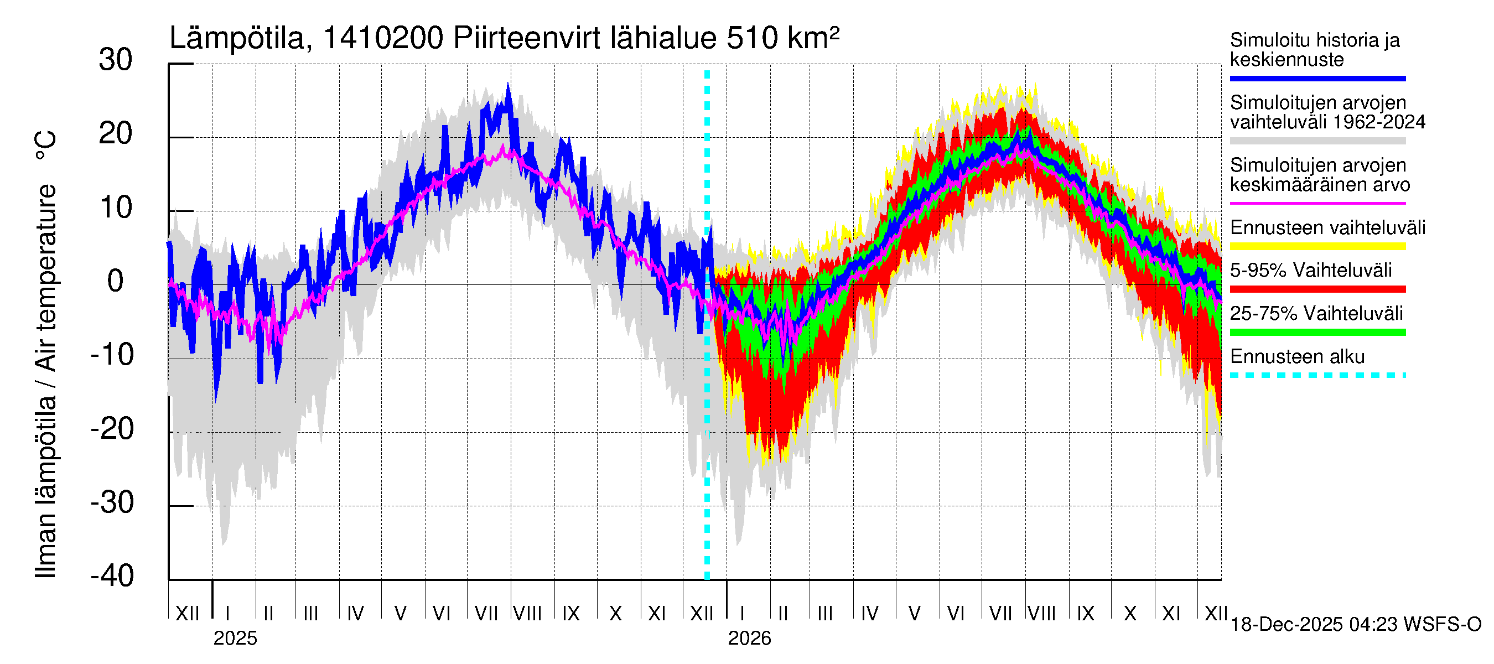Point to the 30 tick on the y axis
pos(116,60)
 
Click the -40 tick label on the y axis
pos(112,576)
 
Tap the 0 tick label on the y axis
pos(116,281)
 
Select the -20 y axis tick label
pos(112,429)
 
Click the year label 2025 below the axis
pos(235,639)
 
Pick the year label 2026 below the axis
pos(749,639)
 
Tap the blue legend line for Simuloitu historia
pos(1317,78)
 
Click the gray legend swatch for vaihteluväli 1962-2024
pos(1317,141)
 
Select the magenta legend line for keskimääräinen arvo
pos(1317,204)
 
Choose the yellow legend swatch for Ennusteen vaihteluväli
pos(1317,246)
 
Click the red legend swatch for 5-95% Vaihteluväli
pos(1317,289)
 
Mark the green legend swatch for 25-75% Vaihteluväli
pos(1317,333)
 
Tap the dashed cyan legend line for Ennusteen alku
pos(1317,375)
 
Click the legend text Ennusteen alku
pos(1297,357)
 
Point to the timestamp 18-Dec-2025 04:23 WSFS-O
pos(1355,625)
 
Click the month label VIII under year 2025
pos(527,613)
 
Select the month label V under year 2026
pos(914,613)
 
